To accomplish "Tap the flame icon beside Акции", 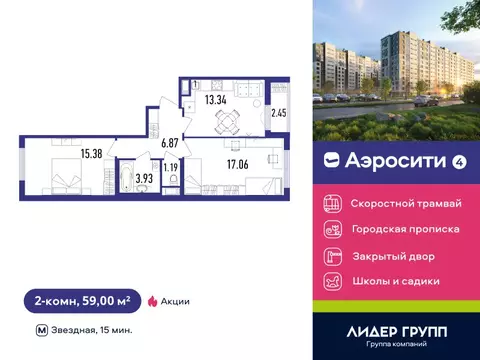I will click(x=152, y=300).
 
